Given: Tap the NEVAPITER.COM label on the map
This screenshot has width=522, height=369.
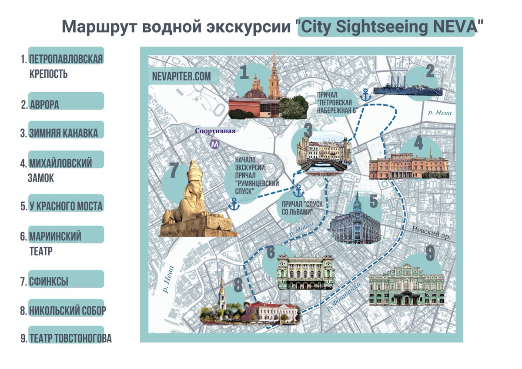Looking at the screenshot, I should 181,76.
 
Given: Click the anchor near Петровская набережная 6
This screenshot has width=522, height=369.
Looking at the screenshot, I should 366,94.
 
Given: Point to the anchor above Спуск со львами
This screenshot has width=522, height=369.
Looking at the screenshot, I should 298,191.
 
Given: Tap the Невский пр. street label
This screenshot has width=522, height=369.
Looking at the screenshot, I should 431,233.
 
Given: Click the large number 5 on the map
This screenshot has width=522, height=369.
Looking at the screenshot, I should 373,202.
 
